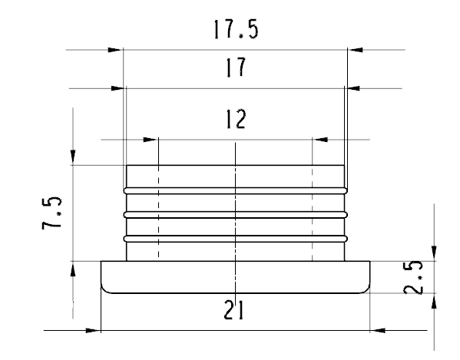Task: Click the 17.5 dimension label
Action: [237, 29]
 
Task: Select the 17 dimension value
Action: [236, 68]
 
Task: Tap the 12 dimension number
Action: [236, 119]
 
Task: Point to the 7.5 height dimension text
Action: [52, 213]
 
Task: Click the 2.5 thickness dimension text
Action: [413, 277]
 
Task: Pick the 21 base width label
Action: [233, 309]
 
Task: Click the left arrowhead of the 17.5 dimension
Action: [116, 50]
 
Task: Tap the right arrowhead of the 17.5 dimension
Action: [355, 50]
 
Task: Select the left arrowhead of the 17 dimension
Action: [118, 88]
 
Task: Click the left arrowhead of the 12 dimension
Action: [151, 140]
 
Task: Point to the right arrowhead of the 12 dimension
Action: [319, 140]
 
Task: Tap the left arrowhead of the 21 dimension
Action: [93, 331]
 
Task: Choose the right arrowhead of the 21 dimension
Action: [377, 331]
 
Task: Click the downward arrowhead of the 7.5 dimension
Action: [73, 157]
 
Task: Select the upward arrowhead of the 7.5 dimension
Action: [73, 269]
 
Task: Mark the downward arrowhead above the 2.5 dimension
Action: [434, 253]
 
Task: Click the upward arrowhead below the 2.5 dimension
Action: [434, 301]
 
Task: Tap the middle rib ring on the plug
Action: [236, 215]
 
